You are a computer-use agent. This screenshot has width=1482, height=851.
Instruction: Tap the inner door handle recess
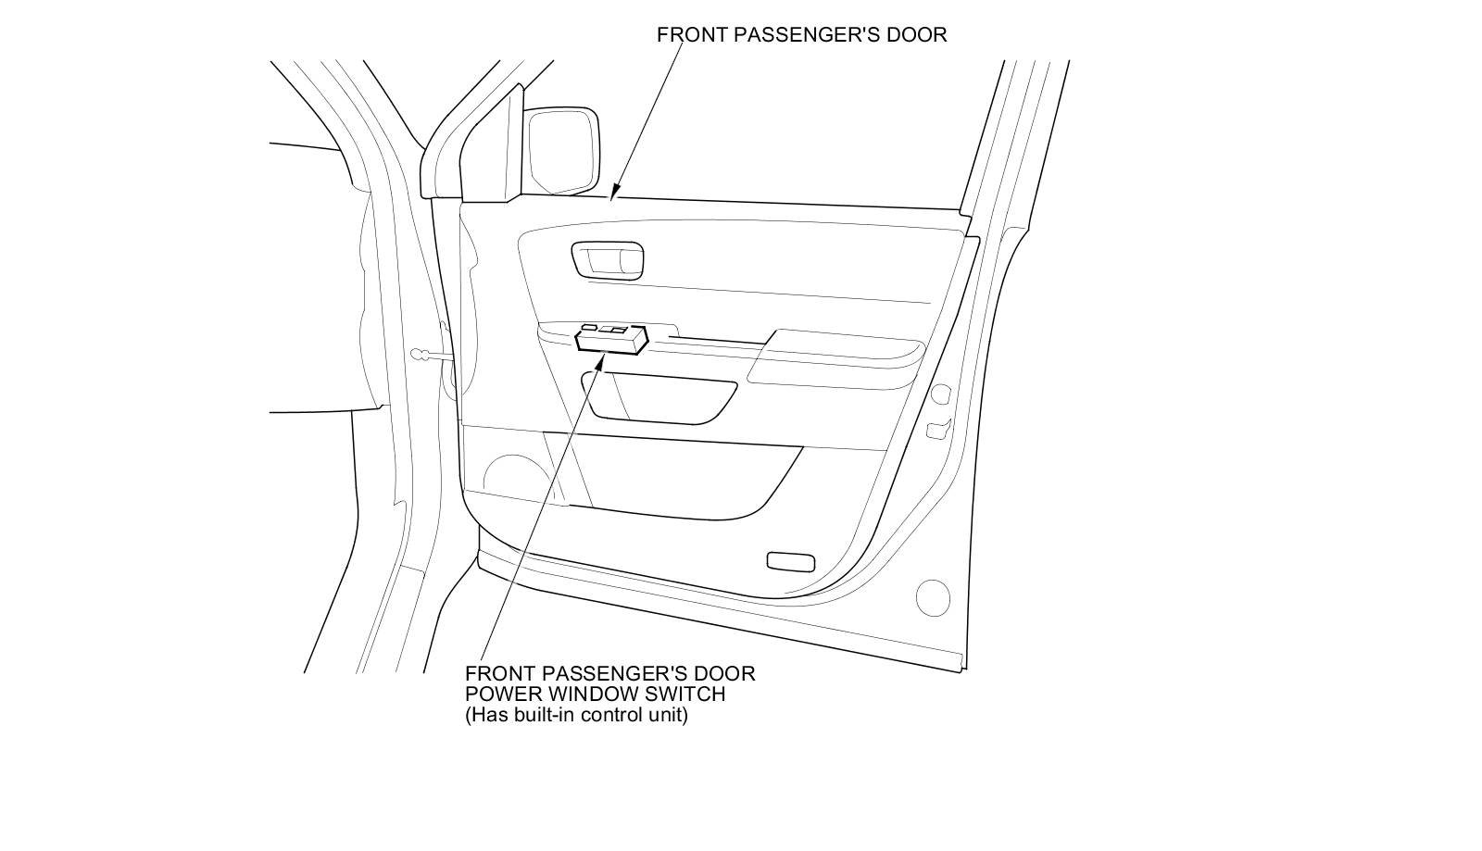(608, 259)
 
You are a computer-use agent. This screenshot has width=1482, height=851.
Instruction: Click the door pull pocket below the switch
(659, 396)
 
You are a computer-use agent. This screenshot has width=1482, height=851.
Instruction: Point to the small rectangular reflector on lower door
(790, 561)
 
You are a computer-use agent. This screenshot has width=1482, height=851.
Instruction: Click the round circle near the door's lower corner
(933, 597)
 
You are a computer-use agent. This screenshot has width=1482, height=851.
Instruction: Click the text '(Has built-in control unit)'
(576, 715)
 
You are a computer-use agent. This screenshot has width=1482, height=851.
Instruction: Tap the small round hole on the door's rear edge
(939, 395)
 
